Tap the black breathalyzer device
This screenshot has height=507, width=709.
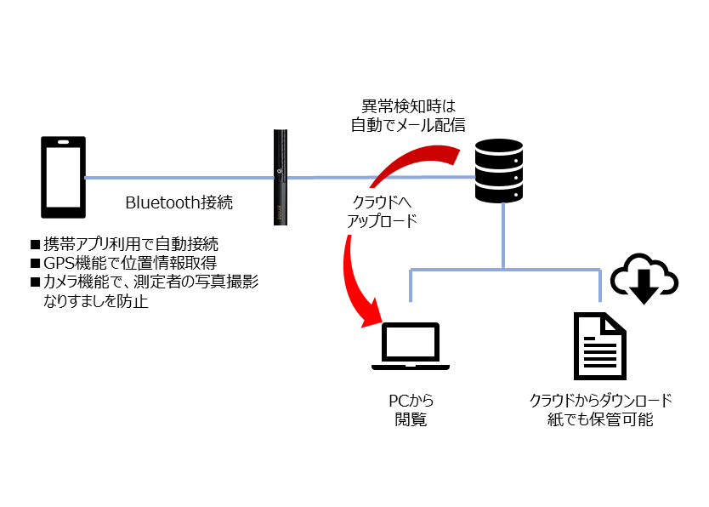pyautogui.click(x=281, y=177)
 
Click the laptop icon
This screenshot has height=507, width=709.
pyautogui.click(x=411, y=347)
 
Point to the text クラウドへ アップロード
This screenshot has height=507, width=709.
pyautogui.click(x=383, y=213)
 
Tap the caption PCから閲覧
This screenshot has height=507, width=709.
pyautogui.click(x=410, y=409)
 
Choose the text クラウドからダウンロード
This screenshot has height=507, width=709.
pyautogui.click(x=601, y=400)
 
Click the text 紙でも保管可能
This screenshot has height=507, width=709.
pyautogui.click(x=601, y=419)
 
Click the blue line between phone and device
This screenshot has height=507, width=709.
pyautogui.click(x=179, y=178)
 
